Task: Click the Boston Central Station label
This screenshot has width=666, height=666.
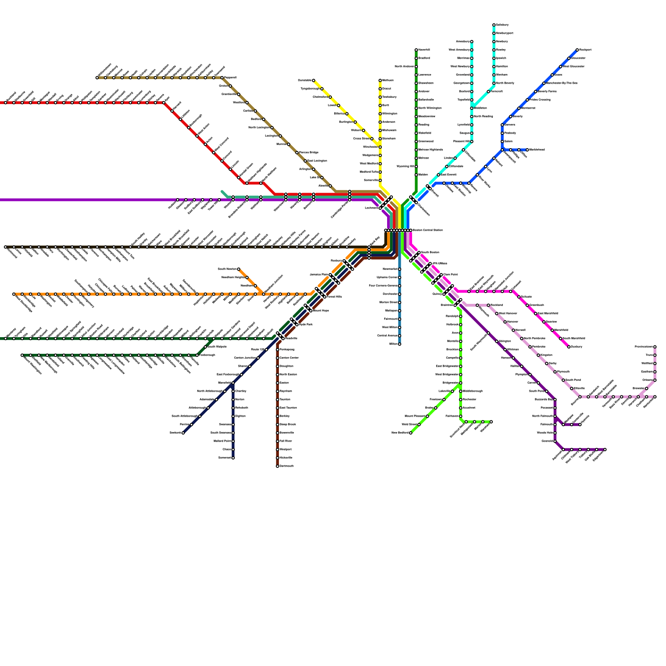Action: tap(427, 230)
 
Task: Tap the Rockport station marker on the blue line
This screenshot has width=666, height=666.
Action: tap(577, 50)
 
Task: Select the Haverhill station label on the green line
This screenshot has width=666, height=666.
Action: tap(424, 50)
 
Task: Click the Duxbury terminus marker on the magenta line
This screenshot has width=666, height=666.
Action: tap(569, 347)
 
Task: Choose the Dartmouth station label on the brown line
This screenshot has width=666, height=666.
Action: tap(287, 466)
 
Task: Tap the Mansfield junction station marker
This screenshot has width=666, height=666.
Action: tap(233, 383)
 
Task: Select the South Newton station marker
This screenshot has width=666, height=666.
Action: tap(239, 269)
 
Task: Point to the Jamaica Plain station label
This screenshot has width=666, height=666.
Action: tap(319, 275)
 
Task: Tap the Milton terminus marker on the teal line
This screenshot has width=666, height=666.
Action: tap(400, 344)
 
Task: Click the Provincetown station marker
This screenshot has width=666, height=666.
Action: tap(655, 347)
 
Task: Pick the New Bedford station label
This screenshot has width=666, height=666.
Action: tap(400, 433)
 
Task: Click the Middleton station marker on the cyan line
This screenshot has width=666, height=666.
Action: tap(472, 108)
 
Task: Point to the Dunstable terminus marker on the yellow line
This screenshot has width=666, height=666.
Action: tap(313, 80)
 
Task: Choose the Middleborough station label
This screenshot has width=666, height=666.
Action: tap(473, 391)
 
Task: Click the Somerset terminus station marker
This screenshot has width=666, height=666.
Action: tap(233, 458)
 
